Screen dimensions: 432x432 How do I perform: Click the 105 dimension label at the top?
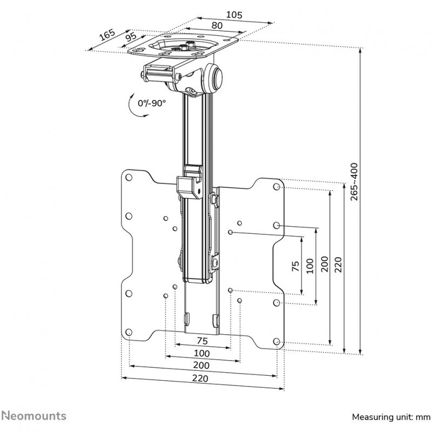click(233, 15)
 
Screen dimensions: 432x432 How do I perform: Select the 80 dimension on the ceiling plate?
click(217, 25)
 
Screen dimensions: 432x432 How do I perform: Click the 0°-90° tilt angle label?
click(152, 102)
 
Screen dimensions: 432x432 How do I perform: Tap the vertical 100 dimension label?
click(309, 265)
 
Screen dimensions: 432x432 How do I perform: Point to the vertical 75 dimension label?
click(295, 267)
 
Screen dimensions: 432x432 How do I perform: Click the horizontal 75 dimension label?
click(202, 340)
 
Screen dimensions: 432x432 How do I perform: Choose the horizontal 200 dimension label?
click(201, 366)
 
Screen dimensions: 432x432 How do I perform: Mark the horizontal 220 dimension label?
click(201, 379)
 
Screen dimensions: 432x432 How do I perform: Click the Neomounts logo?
click(33, 416)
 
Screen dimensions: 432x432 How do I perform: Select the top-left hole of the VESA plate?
click(129, 178)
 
